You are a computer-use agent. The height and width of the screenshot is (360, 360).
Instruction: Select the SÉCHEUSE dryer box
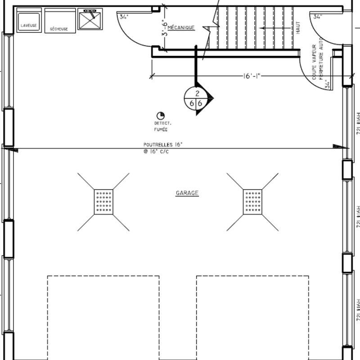(x=59, y=21)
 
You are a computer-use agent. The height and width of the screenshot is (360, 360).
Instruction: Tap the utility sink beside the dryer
(x=90, y=18)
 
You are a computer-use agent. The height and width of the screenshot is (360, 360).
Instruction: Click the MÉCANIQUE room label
(x=181, y=27)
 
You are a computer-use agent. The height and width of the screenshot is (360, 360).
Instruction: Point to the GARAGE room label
(x=187, y=193)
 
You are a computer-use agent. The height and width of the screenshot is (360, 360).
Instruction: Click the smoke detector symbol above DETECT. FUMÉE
(x=160, y=116)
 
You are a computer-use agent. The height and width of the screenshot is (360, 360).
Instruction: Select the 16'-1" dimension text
(x=252, y=76)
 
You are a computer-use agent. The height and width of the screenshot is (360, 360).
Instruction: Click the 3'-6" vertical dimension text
(x=165, y=28)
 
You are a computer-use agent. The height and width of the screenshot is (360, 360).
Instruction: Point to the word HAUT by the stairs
(x=298, y=28)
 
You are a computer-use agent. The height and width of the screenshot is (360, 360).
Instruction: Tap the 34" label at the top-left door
(x=124, y=17)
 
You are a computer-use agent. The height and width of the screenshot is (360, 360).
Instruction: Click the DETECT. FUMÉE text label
(x=162, y=126)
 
